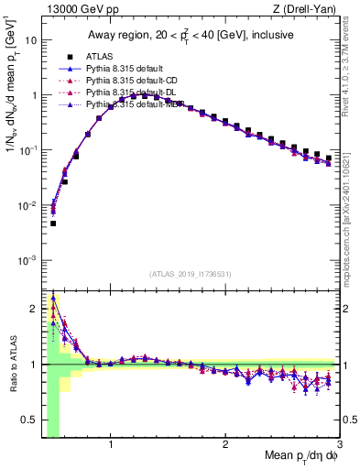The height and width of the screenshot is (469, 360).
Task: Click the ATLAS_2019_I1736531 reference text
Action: pyautogui.click(x=191, y=274)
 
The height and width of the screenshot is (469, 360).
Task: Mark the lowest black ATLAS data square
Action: pyautogui.click(x=53, y=223)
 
